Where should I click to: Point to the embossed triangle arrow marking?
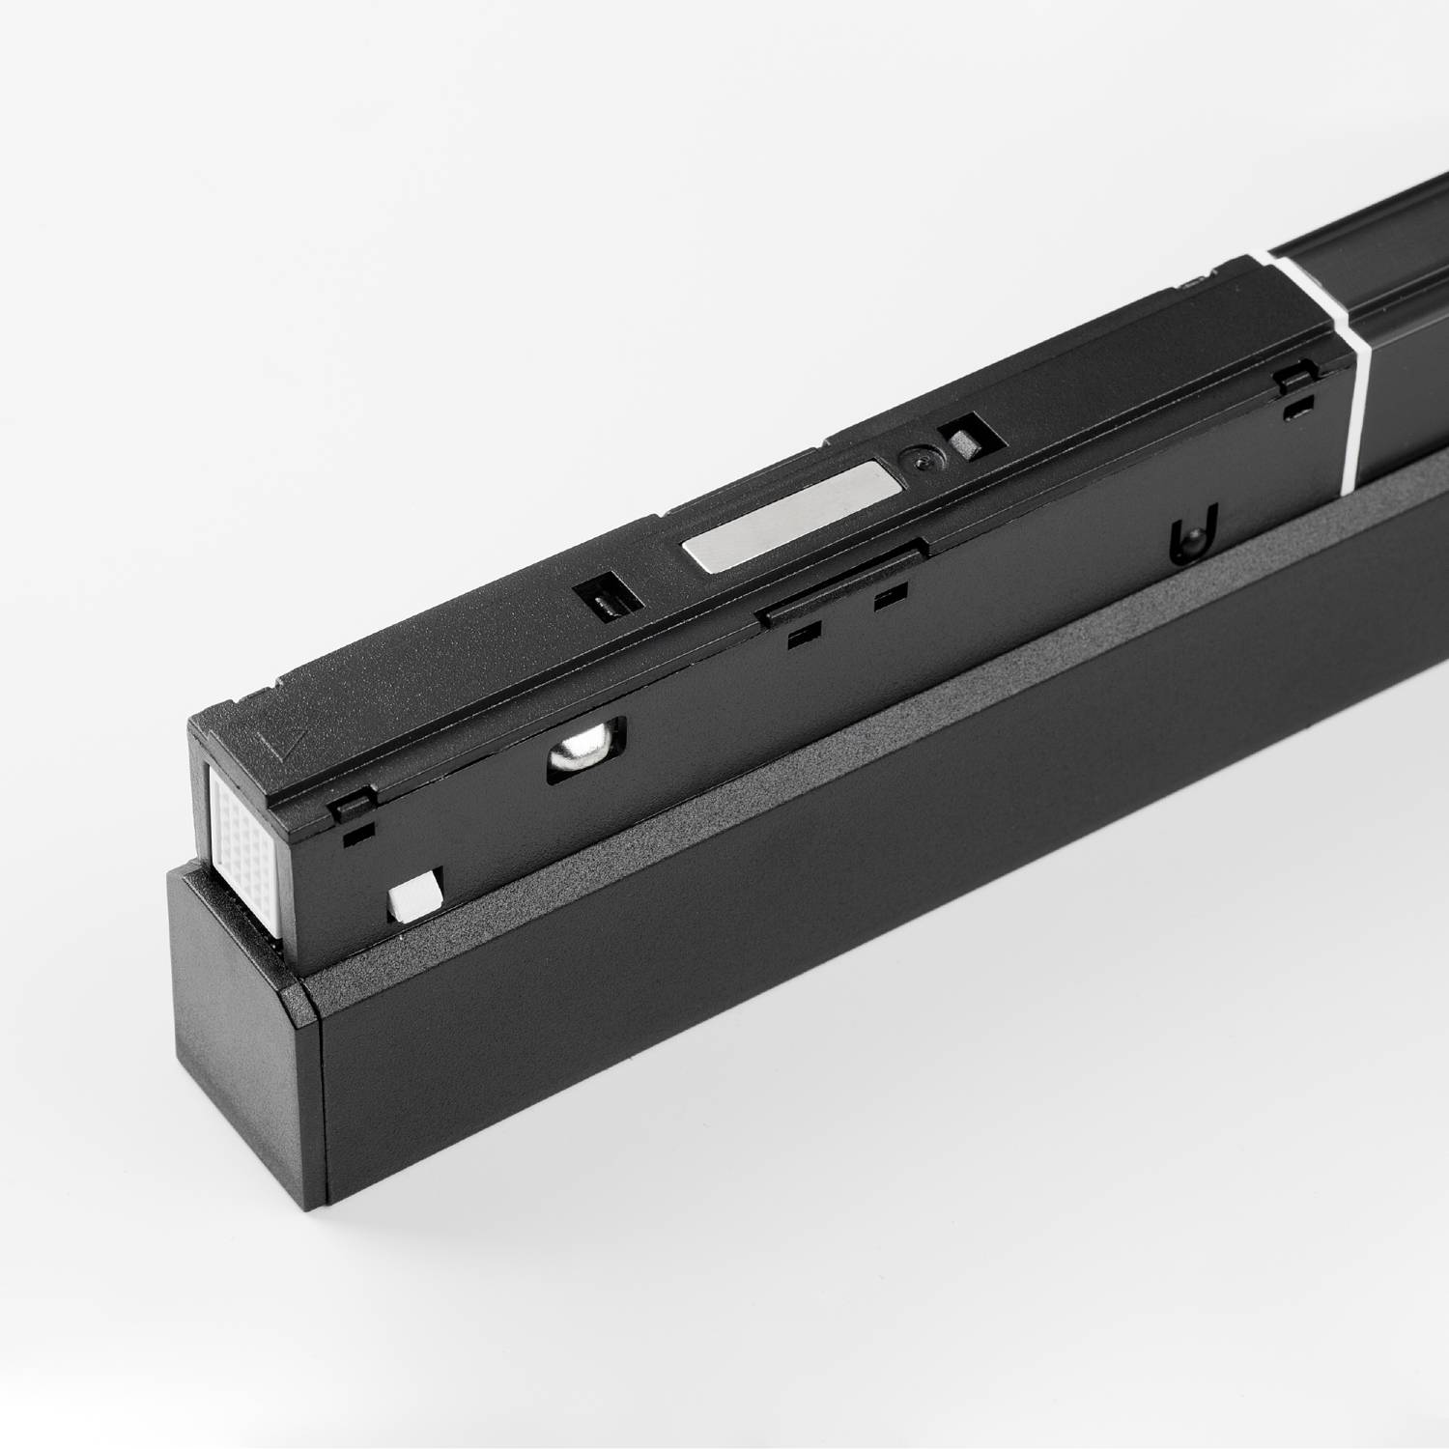[x=281, y=746]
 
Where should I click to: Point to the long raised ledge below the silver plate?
[x=840, y=580]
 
